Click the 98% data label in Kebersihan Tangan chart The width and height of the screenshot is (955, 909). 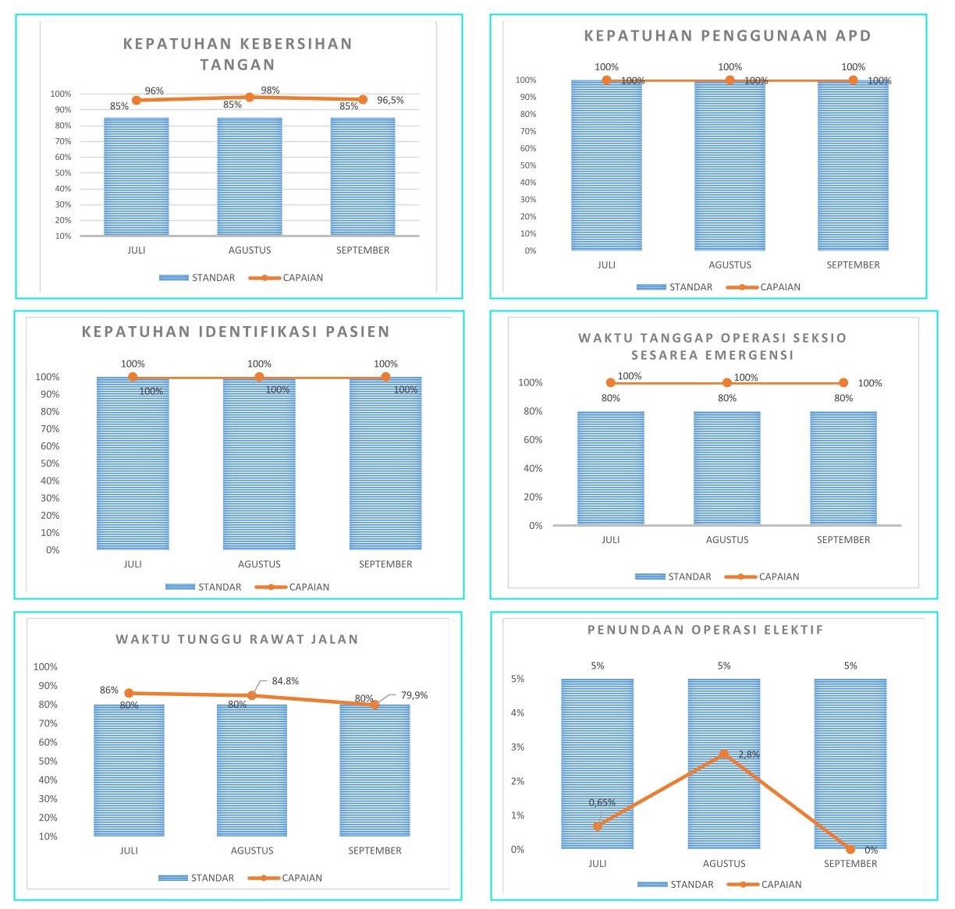pyautogui.click(x=270, y=91)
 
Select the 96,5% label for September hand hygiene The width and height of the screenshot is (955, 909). pyautogui.click(x=390, y=101)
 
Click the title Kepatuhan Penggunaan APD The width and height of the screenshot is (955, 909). pyautogui.click(x=727, y=36)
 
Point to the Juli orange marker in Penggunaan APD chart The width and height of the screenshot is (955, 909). pyautogui.click(x=606, y=80)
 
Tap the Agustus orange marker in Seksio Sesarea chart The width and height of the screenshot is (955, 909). pyautogui.click(x=727, y=382)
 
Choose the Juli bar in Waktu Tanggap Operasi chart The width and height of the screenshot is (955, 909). pyautogui.click(x=611, y=468)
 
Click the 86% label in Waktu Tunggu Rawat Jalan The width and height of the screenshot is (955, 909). pyautogui.click(x=108, y=691)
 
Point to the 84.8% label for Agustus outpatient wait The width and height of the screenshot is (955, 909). pyautogui.click(x=286, y=681)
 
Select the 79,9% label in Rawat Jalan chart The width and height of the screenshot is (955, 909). pyautogui.click(x=414, y=695)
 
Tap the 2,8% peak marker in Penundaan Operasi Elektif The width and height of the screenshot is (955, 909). pyautogui.click(x=724, y=754)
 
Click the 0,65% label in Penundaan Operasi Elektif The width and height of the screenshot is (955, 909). pyautogui.click(x=602, y=803)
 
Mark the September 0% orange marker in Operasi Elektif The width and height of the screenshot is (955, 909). pyautogui.click(x=850, y=849)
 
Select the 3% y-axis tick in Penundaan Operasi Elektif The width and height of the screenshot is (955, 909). pyautogui.click(x=517, y=747)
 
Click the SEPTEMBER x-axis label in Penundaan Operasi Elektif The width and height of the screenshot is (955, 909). pyautogui.click(x=850, y=864)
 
